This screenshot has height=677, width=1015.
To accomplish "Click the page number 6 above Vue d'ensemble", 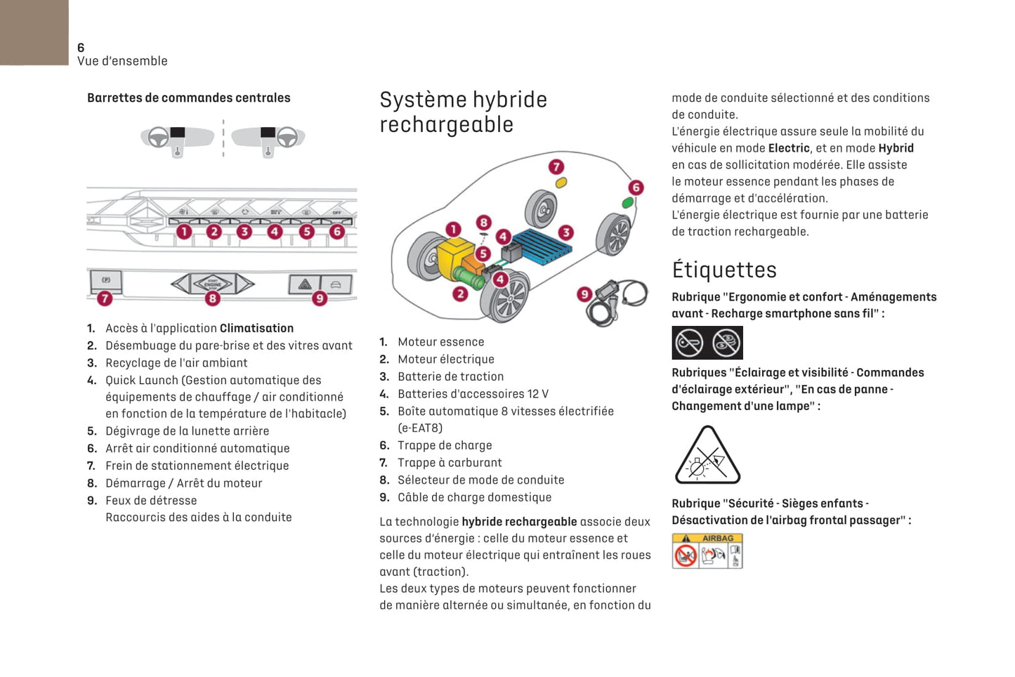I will click(x=81, y=48).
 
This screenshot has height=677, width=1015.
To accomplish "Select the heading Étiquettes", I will click(x=723, y=270).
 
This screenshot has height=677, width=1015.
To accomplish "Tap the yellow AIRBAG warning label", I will click(x=707, y=551).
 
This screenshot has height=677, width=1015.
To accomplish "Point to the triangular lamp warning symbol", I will click(x=707, y=457).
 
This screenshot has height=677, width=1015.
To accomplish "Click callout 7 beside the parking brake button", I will click(x=105, y=298).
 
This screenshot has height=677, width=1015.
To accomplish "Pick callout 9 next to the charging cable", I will click(x=584, y=294).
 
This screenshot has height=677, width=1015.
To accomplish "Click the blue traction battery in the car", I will click(x=541, y=245).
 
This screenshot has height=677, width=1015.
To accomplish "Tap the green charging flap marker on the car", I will click(x=627, y=203).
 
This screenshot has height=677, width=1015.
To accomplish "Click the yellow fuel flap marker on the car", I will click(x=561, y=183).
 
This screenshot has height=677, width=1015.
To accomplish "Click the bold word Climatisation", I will click(x=256, y=328).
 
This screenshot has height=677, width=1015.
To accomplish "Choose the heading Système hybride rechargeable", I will click(x=463, y=112).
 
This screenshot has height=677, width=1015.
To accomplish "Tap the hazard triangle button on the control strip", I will click(x=305, y=284).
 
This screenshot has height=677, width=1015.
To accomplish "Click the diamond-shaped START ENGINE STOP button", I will click(x=212, y=284).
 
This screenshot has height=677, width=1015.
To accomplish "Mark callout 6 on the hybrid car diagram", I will click(x=636, y=187).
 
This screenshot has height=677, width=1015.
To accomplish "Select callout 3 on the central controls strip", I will click(x=244, y=231).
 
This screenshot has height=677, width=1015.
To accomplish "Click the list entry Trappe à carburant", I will click(x=450, y=463).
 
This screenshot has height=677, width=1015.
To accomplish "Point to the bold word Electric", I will click(x=789, y=148).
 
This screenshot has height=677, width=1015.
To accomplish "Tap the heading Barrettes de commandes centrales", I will click(x=188, y=98).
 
